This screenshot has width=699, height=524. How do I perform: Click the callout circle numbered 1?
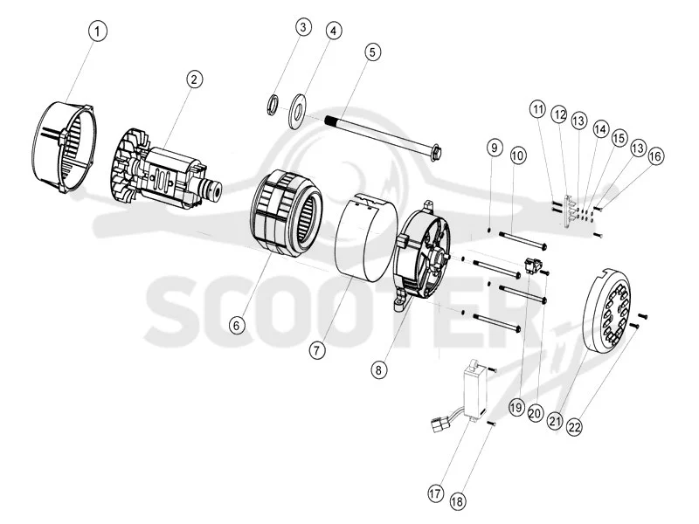point(98,31)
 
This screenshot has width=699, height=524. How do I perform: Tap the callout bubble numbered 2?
point(194,79)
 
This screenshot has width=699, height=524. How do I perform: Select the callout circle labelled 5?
point(373,52)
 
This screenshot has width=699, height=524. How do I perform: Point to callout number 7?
point(317,350)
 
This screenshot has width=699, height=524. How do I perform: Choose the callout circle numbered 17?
point(435,493)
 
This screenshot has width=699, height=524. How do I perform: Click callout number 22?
point(574,427)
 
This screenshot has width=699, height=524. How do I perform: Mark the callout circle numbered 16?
point(655,156)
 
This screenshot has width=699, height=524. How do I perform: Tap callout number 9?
point(494,148)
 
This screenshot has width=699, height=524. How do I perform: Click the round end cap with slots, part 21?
point(606,309)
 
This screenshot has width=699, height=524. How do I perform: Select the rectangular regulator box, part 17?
point(473,389)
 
